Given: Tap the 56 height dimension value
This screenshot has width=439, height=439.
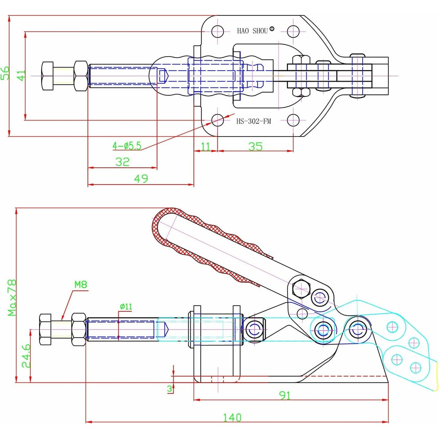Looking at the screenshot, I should (6, 73).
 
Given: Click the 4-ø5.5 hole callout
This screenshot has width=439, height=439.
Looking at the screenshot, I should (127, 146).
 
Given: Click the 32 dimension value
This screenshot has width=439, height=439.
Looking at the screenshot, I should (122, 162).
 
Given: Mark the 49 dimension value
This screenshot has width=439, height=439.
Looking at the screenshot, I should (141, 178).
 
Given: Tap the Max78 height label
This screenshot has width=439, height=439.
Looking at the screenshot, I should (12, 299).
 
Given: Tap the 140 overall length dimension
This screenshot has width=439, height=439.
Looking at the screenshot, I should (232, 417).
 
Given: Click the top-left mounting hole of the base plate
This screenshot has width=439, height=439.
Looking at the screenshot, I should (217, 31).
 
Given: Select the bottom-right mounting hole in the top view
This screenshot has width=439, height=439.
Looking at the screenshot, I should (293, 120).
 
